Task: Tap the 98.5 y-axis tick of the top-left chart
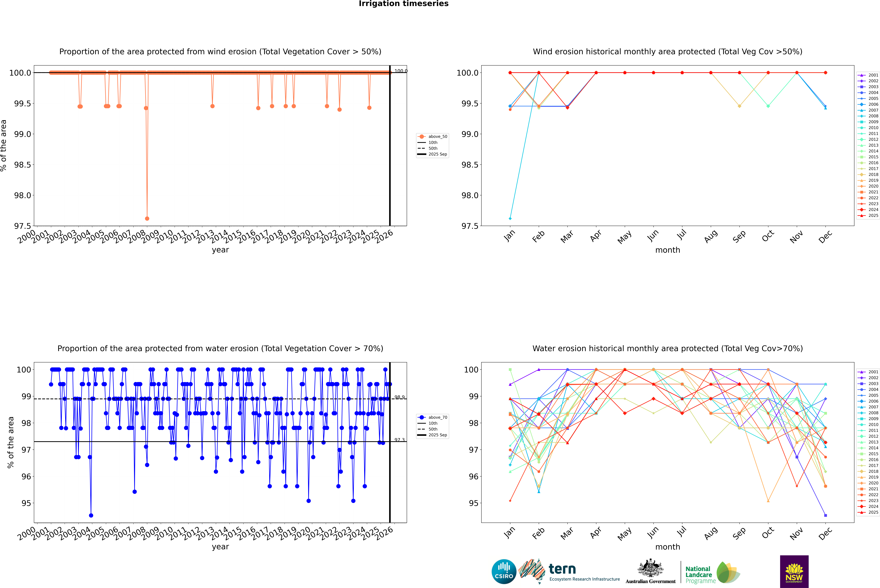(x=23, y=165)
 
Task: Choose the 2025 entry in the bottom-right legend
(x=873, y=512)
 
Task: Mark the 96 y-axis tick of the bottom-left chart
(x=26, y=477)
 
